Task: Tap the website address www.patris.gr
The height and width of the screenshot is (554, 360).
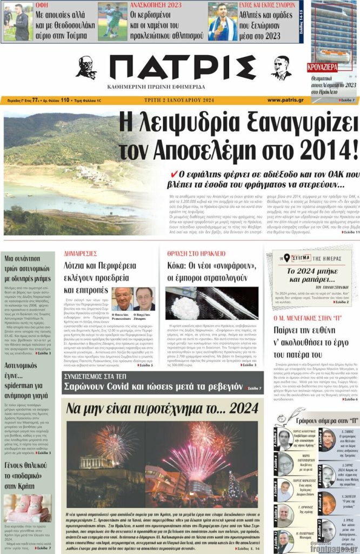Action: (285, 100)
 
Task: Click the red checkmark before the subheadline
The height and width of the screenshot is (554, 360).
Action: (174, 174)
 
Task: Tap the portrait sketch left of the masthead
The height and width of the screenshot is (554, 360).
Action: (86, 68)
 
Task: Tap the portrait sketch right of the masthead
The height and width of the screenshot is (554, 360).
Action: (281, 68)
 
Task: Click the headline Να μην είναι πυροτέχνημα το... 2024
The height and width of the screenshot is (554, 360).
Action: (162, 409)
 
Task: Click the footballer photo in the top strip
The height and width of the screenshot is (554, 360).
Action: (112, 22)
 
